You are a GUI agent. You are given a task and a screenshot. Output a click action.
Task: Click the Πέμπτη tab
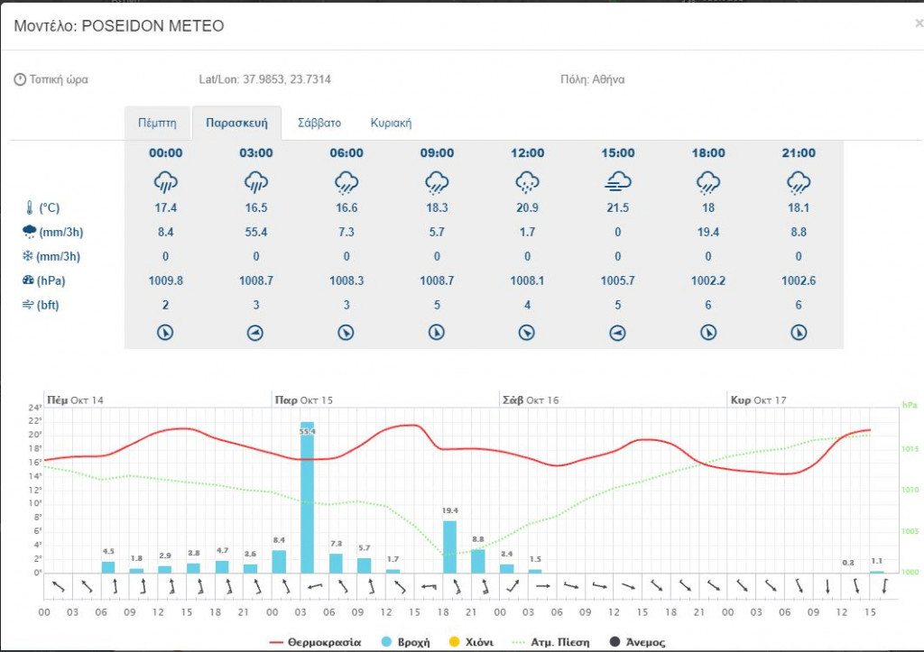click(158, 123)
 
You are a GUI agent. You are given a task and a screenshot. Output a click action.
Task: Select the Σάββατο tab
click(319, 123)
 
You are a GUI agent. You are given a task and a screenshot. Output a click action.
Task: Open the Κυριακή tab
click(391, 123)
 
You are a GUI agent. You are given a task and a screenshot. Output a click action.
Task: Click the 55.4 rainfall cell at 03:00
click(256, 233)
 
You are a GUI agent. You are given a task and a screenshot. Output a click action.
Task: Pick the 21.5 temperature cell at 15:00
click(617, 208)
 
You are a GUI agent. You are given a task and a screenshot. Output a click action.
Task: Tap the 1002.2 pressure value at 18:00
click(707, 281)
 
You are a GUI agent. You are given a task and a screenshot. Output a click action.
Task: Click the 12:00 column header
click(527, 153)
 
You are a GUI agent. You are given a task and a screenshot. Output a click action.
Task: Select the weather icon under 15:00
click(617, 181)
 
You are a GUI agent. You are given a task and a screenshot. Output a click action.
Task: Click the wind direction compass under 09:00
click(437, 333)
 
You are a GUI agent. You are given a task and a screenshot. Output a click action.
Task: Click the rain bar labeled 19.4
click(449, 546)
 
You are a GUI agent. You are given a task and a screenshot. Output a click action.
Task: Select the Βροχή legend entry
click(409, 642)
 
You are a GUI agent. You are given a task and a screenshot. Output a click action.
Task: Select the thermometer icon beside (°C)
click(28, 208)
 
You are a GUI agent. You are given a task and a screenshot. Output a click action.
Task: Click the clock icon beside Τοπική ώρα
click(20, 79)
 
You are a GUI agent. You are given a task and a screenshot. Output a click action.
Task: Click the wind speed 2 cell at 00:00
click(166, 306)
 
